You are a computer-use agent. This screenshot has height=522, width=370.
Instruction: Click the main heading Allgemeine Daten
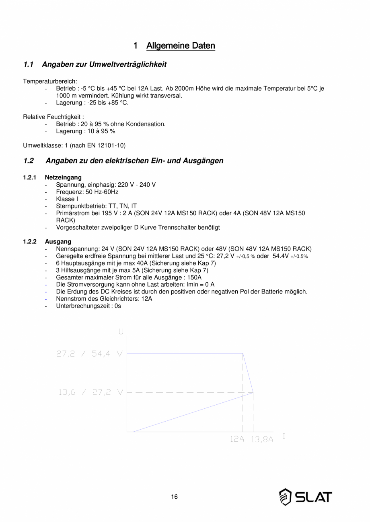tap(181, 46)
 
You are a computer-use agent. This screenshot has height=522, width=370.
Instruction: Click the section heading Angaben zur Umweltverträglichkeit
tap(104, 64)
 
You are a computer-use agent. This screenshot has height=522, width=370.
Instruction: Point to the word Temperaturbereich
tap(50, 82)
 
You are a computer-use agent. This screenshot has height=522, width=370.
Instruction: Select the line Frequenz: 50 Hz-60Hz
tap(87, 192)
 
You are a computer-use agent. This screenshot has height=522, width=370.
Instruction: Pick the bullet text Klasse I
tap(67, 199)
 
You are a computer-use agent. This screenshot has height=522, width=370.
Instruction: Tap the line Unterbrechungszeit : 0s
tap(88, 306)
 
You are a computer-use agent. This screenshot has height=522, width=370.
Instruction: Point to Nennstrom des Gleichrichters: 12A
tap(104, 299)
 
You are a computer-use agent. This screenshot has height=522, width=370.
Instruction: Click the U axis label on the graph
tap(121, 332)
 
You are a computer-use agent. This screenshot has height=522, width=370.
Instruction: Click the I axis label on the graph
tap(284, 436)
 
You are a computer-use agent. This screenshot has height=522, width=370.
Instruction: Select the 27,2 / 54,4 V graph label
tap(89, 354)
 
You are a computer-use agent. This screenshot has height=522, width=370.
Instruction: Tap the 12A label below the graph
tap(237, 439)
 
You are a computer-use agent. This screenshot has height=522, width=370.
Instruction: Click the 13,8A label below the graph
tap(262, 440)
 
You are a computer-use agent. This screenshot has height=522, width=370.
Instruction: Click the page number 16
tap(174, 497)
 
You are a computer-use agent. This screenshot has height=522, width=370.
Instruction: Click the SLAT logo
tap(306, 497)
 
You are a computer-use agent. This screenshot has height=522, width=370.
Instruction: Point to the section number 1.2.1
tap(30, 177)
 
